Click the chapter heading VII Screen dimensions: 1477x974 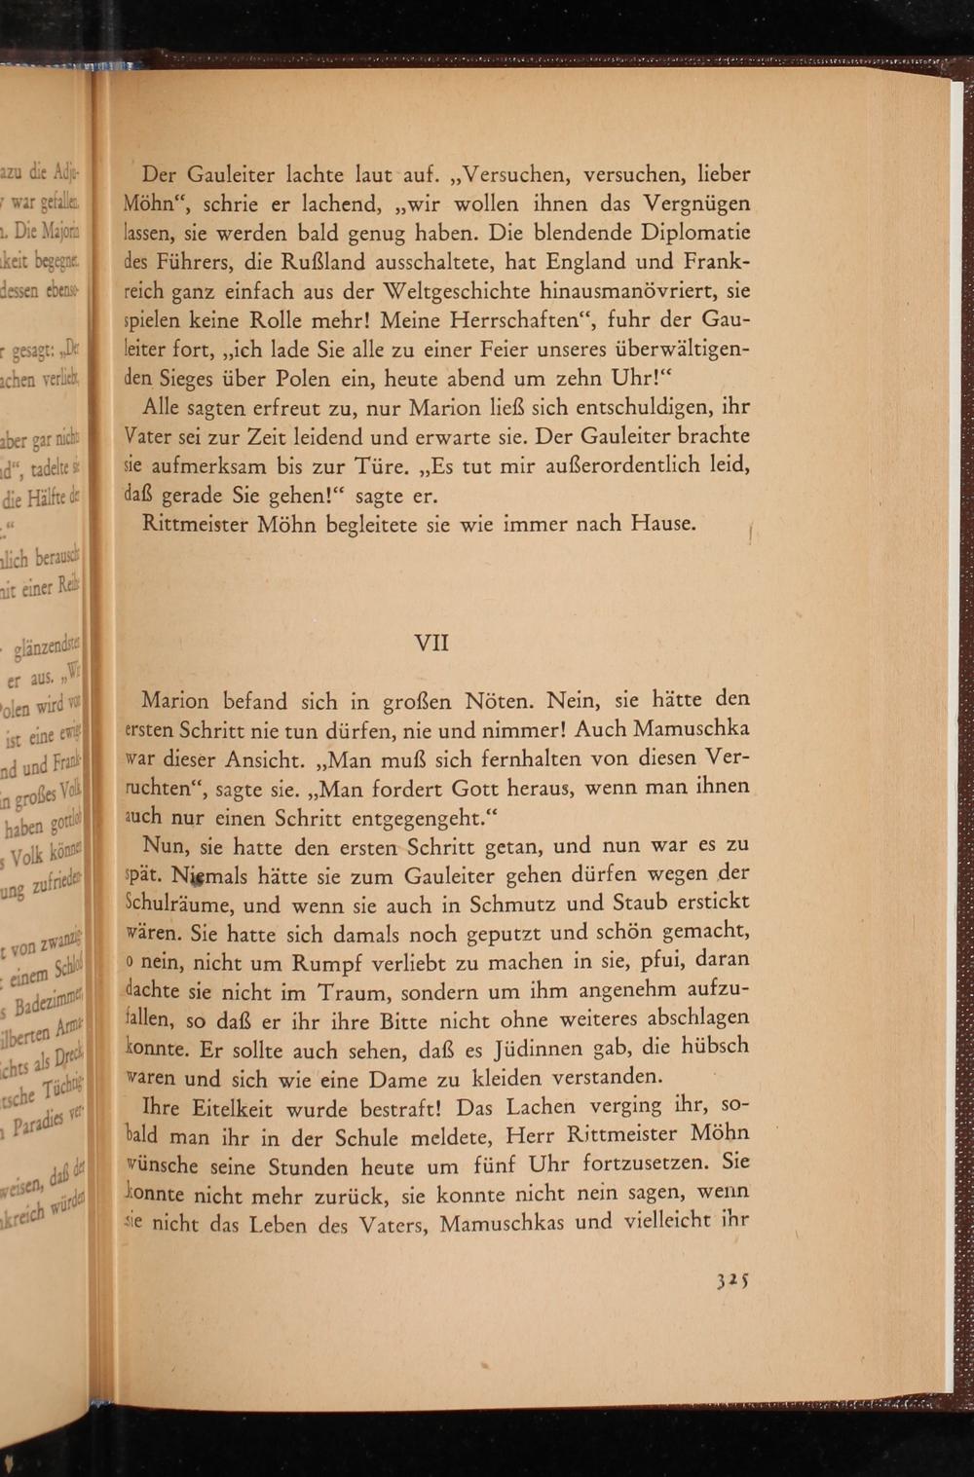pos(431,643)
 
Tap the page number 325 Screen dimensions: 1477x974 pos(731,1281)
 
